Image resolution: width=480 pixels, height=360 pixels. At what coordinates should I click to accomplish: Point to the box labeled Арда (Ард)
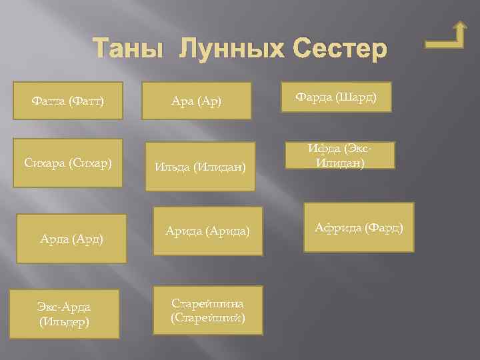(71, 238)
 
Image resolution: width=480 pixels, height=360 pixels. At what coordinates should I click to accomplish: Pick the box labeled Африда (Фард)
(359, 227)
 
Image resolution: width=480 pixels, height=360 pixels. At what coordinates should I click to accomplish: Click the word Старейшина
(207, 304)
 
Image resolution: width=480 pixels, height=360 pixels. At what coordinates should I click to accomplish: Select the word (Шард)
(359, 97)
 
